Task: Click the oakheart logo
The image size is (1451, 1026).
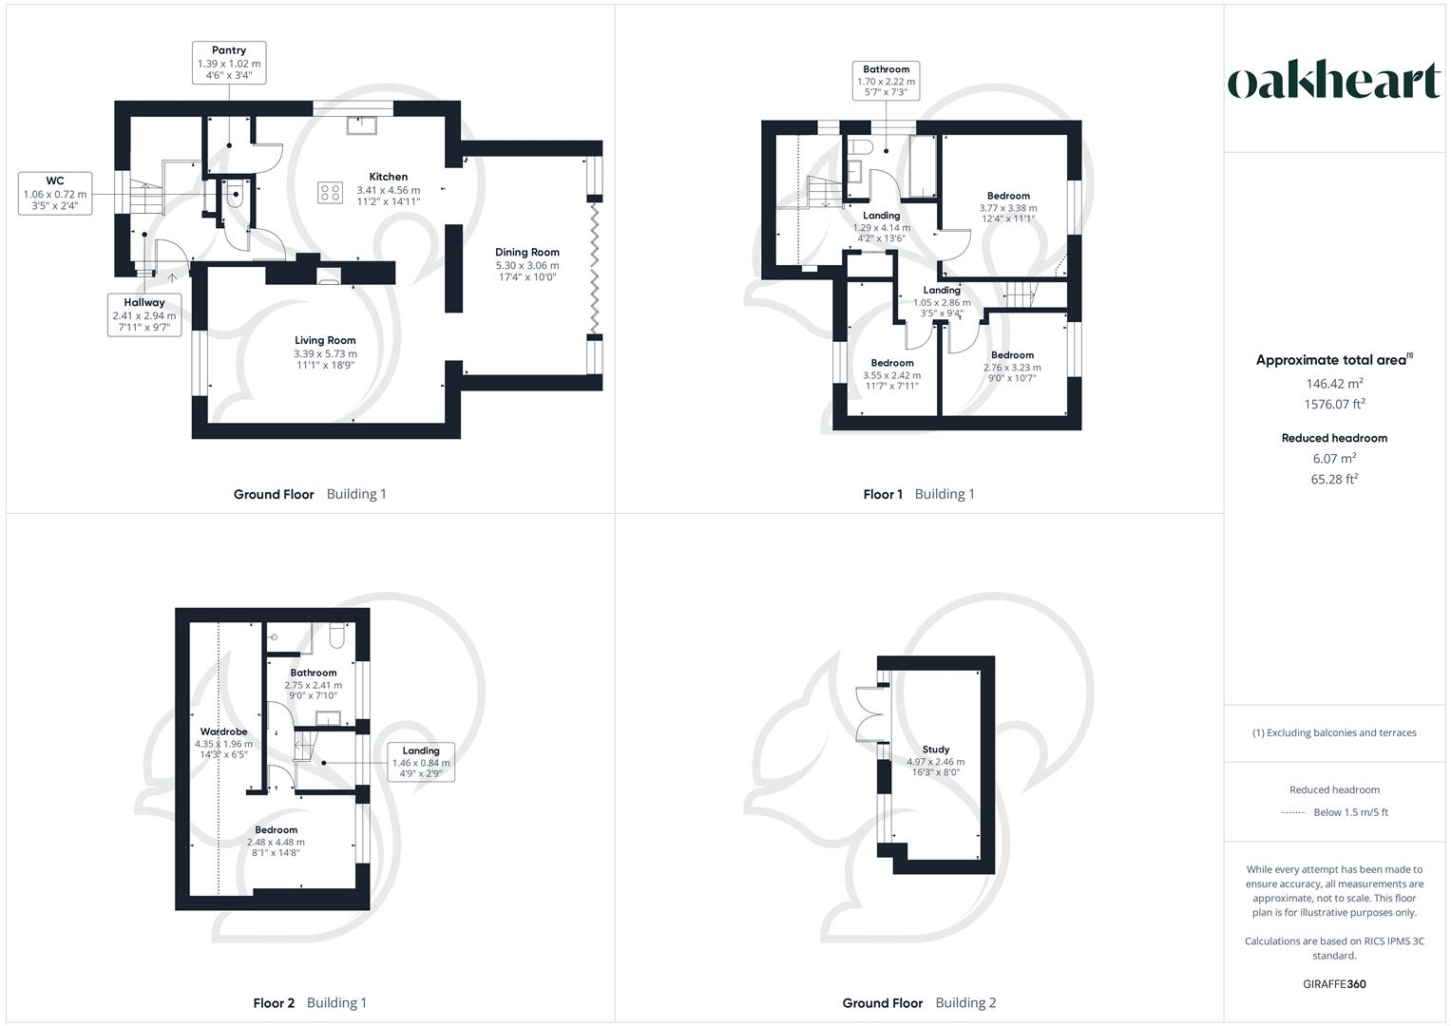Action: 1334,81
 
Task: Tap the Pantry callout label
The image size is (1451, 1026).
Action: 229,63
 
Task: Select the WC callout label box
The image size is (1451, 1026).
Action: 55,194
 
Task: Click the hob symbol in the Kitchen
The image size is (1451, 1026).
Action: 331,192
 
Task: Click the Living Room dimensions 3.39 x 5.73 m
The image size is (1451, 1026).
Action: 325,353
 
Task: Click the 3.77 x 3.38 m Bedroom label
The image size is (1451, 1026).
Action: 1008,207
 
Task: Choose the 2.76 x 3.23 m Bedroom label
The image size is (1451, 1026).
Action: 1012,367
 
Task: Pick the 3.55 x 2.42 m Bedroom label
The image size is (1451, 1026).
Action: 892,374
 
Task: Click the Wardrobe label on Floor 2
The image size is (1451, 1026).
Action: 224,732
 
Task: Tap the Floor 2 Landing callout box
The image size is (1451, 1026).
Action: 421,762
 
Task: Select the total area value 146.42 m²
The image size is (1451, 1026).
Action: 1334,384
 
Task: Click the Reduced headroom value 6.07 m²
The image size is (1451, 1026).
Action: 1334,458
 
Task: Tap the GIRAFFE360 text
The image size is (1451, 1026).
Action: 1334,984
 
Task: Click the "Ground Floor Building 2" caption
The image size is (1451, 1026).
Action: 919,1003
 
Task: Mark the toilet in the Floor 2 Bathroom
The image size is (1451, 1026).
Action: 336,636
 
